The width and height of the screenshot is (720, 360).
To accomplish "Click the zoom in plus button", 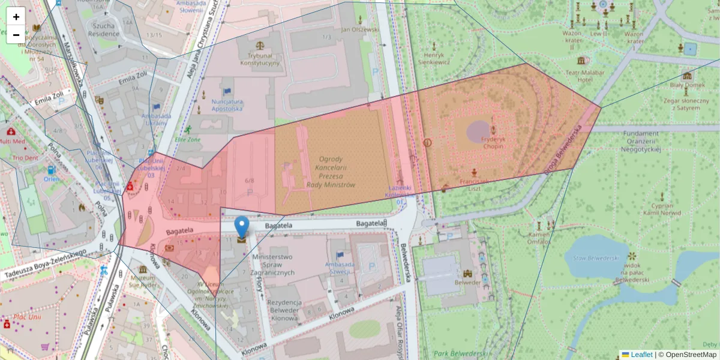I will pyautogui.click(x=16, y=17).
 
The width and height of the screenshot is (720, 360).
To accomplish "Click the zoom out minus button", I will pyautogui.click(x=16, y=35).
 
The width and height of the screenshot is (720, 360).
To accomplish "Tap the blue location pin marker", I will pyautogui.click(x=242, y=227).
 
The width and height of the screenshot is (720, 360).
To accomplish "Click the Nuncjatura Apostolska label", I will pyautogui.click(x=227, y=105).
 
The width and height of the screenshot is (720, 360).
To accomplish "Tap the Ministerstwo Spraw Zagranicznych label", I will pyautogui.click(x=275, y=265).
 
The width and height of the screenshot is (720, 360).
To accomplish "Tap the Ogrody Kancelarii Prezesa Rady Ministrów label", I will pyautogui.click(x=331, y=172).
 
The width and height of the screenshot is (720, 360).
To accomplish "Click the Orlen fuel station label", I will pyautogui.click(x=51, y=179).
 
